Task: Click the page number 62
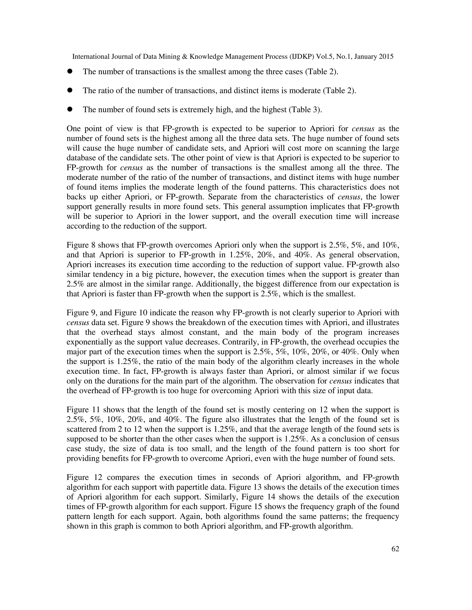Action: coord(395,549)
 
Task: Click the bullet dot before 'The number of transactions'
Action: coord(70,72)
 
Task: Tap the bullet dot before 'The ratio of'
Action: coord(70,90)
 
